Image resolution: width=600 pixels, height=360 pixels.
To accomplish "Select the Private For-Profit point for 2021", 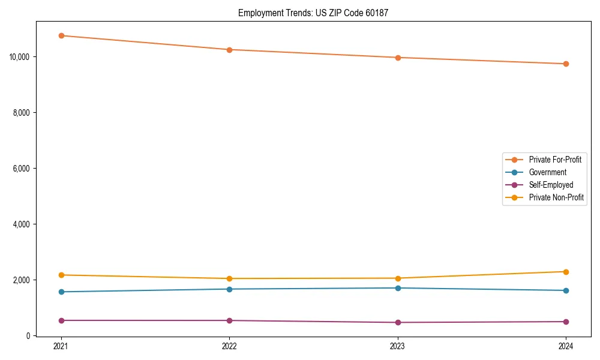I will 61,35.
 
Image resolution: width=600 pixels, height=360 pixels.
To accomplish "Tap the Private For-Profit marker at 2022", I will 229,50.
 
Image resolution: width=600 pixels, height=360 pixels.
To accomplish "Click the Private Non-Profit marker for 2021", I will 61,275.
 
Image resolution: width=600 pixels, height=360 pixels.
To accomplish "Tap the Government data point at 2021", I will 61,292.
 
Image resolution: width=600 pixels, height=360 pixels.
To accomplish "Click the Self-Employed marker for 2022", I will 229,320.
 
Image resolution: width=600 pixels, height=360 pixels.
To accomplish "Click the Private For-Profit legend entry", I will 554,160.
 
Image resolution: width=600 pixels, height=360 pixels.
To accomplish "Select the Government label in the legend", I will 547,172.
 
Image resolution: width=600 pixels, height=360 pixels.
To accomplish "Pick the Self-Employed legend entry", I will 551,185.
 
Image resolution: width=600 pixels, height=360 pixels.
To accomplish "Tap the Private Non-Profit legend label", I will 556,197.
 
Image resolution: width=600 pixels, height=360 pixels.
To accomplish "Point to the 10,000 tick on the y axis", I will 20,57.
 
